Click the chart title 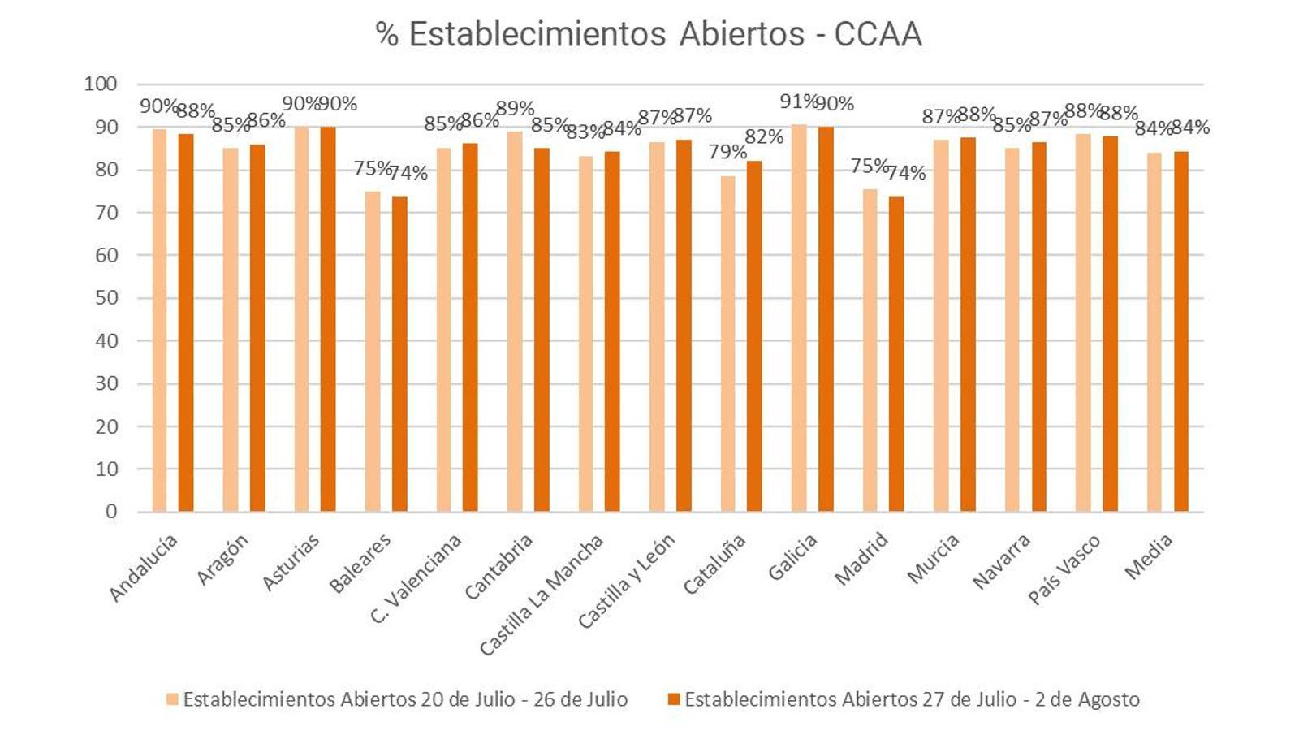pyautogui.click(x=648, y=35)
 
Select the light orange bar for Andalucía pyautogui.click(x=159, y=321)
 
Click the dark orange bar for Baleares pyautogui.click(x=399, y=354)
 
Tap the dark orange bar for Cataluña pyautogui.click(x=754, y=336)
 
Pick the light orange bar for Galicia pyautogui.click(x=799, y=318)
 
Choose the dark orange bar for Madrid pyautogui.click(x=896, y=354)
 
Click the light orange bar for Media pyautogui.click(x=1154, y=332)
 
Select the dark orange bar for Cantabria pyautogui.click(x=542, y=330)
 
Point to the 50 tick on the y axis pyautogui.click(x=106, y=298)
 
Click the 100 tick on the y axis pyautogui.click(x=101, y=84)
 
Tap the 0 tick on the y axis pyautogui.click(x=111, y=512)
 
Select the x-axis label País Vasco pyautogui.click(x=1064, y=569)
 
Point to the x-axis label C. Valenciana pyautogui.click(x=416, y=577)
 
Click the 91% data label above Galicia pyautogui.click(x=798, y=102)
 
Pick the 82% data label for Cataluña pyautogui.click(x=764, y=137)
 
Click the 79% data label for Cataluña pyautogui.click(x=727, y=152)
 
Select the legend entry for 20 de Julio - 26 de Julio pyautogui.click(x=397, y=699)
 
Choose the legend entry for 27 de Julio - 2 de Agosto pyautogui.click(x=903, y=699)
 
